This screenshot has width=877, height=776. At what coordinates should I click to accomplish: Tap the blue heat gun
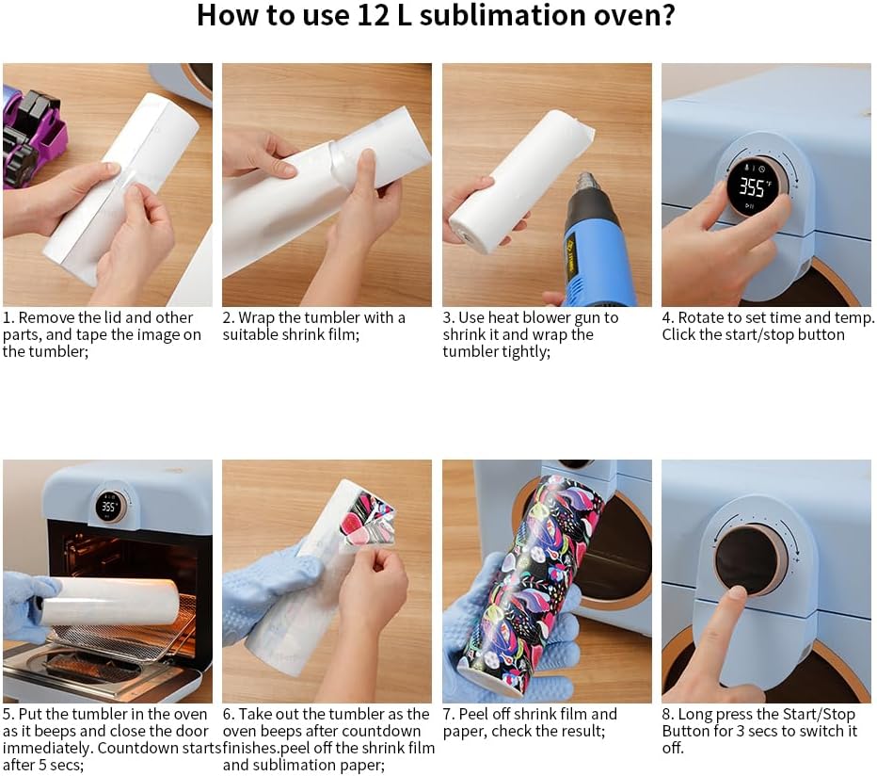[592, 241]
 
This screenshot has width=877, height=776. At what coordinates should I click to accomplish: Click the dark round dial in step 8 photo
[751, 560]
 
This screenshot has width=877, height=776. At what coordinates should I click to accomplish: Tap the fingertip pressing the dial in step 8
[737, 593]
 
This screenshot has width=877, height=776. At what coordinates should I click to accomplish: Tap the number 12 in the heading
[373, 15]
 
